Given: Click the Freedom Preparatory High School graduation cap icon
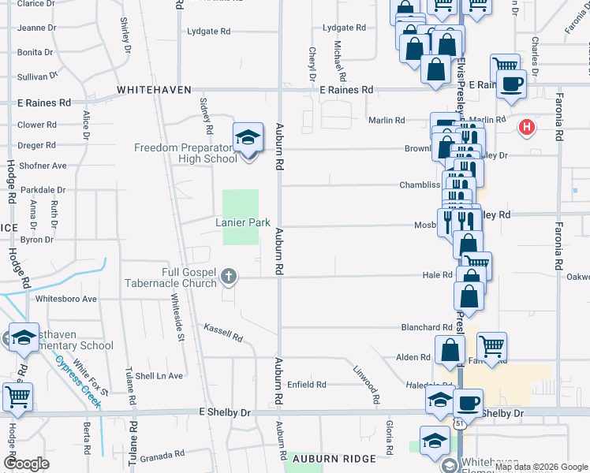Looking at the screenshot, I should click(248, 137).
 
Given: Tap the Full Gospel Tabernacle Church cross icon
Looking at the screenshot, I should click(229, 276).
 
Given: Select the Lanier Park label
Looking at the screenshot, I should click(244, 223).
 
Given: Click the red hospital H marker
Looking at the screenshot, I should click(526, 126).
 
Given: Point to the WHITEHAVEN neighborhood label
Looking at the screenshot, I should click(154, 91).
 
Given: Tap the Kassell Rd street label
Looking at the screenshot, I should click(223, 332).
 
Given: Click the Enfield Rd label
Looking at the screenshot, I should click(306, 385).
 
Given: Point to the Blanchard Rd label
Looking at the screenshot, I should click(426, 327).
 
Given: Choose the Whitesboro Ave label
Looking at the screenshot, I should click(66, 299).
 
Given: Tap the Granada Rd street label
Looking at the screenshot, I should click(164, 454).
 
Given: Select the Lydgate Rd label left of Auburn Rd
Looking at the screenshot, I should click(209, 32).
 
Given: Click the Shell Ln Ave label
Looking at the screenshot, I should click(161, 375).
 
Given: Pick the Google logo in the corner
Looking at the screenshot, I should click(26, 463).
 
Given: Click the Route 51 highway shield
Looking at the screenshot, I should click(459, 424).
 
